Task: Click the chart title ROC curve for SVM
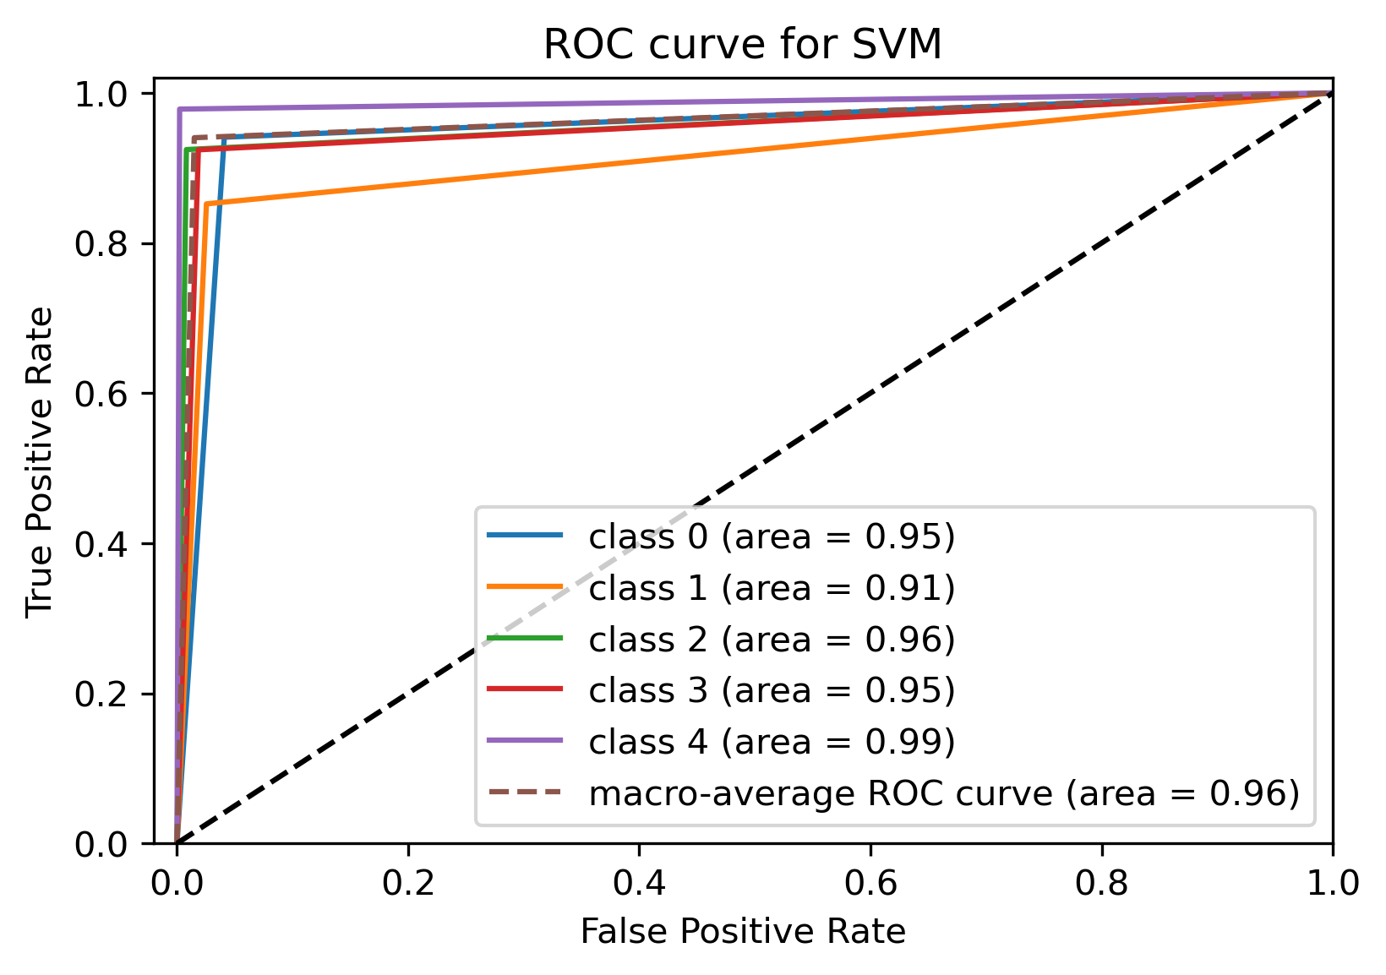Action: (x=742, y=45)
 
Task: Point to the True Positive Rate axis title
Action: (x=40, y=463)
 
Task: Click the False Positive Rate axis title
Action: (x=743, y=932)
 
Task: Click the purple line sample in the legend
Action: (x=525, y=741)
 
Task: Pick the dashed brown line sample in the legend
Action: (x=525, y=793)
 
